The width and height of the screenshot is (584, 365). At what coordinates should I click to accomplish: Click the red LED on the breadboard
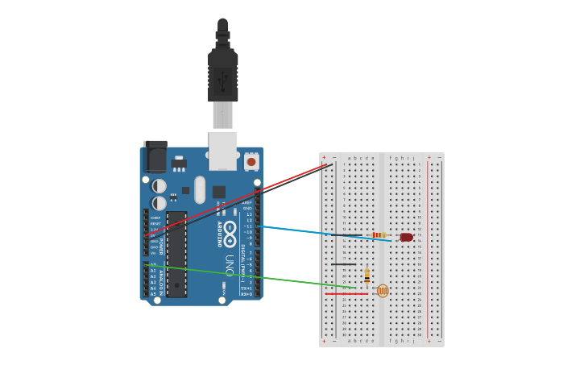point(406,237)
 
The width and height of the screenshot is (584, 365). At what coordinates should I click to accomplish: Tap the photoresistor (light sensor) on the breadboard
point(383,291)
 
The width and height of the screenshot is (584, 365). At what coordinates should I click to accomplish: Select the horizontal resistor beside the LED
point(379,235)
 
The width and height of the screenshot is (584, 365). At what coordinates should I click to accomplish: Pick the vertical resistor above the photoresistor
point(367,276)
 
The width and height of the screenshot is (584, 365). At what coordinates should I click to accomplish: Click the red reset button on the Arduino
point(251,162)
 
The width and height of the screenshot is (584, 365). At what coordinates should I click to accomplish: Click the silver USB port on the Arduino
point(223,151)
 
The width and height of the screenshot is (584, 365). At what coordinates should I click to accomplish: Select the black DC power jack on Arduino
point(155,156)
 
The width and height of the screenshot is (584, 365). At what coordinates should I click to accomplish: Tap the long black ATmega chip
point(176,254)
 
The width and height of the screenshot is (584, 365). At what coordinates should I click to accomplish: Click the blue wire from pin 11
point(322,233)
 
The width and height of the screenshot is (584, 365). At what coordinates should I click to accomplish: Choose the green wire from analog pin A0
point(250,275)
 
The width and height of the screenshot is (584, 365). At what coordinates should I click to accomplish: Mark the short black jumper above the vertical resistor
point(343,264)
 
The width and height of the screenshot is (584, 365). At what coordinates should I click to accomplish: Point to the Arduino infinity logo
point(230,234)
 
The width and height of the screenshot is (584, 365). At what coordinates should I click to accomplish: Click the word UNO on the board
point(230,265)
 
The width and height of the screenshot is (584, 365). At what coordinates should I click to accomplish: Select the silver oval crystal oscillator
point(200,189)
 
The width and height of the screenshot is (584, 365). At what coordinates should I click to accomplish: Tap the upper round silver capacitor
point(159,186)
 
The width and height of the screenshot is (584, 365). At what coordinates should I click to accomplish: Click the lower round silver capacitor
point(159,203)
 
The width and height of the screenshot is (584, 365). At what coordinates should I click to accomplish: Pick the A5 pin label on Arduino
point(153,294)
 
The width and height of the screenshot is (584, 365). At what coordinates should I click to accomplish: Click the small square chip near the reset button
point(219,192)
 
